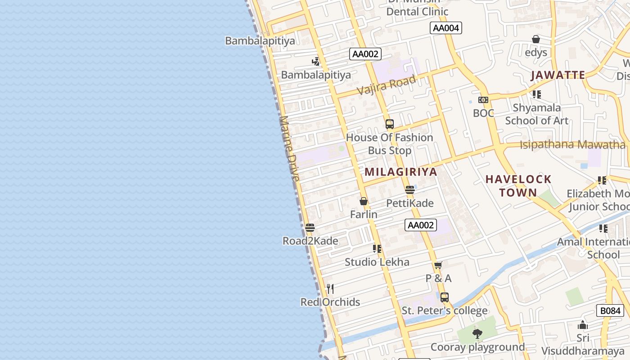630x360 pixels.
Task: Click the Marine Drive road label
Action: [289, 148]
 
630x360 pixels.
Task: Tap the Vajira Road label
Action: [386, 85]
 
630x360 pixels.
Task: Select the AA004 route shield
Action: [445, 28]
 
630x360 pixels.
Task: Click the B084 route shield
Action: [610, 310]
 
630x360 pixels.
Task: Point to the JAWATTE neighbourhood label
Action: [558, 75]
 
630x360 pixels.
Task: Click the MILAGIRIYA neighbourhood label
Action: [400, 172]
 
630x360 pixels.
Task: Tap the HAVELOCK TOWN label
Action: [518, 186]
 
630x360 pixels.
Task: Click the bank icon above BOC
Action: [483, 100]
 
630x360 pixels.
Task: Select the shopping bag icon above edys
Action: [535, 40]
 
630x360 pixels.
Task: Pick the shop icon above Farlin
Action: [364, 201]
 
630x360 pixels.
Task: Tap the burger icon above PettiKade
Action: [409, 190]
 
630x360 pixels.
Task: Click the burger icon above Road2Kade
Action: [310, 228]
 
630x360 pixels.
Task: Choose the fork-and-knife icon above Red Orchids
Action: [330, 288]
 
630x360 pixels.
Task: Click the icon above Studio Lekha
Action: [377, 248]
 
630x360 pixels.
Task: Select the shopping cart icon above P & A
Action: [438, 265]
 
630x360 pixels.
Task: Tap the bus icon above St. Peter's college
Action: [445, 297]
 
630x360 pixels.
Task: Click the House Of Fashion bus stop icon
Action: [390, 124]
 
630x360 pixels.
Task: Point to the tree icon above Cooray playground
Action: [477, 334]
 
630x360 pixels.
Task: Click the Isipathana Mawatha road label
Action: [572, 145]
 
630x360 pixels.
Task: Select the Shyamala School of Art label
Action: [536, 114]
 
